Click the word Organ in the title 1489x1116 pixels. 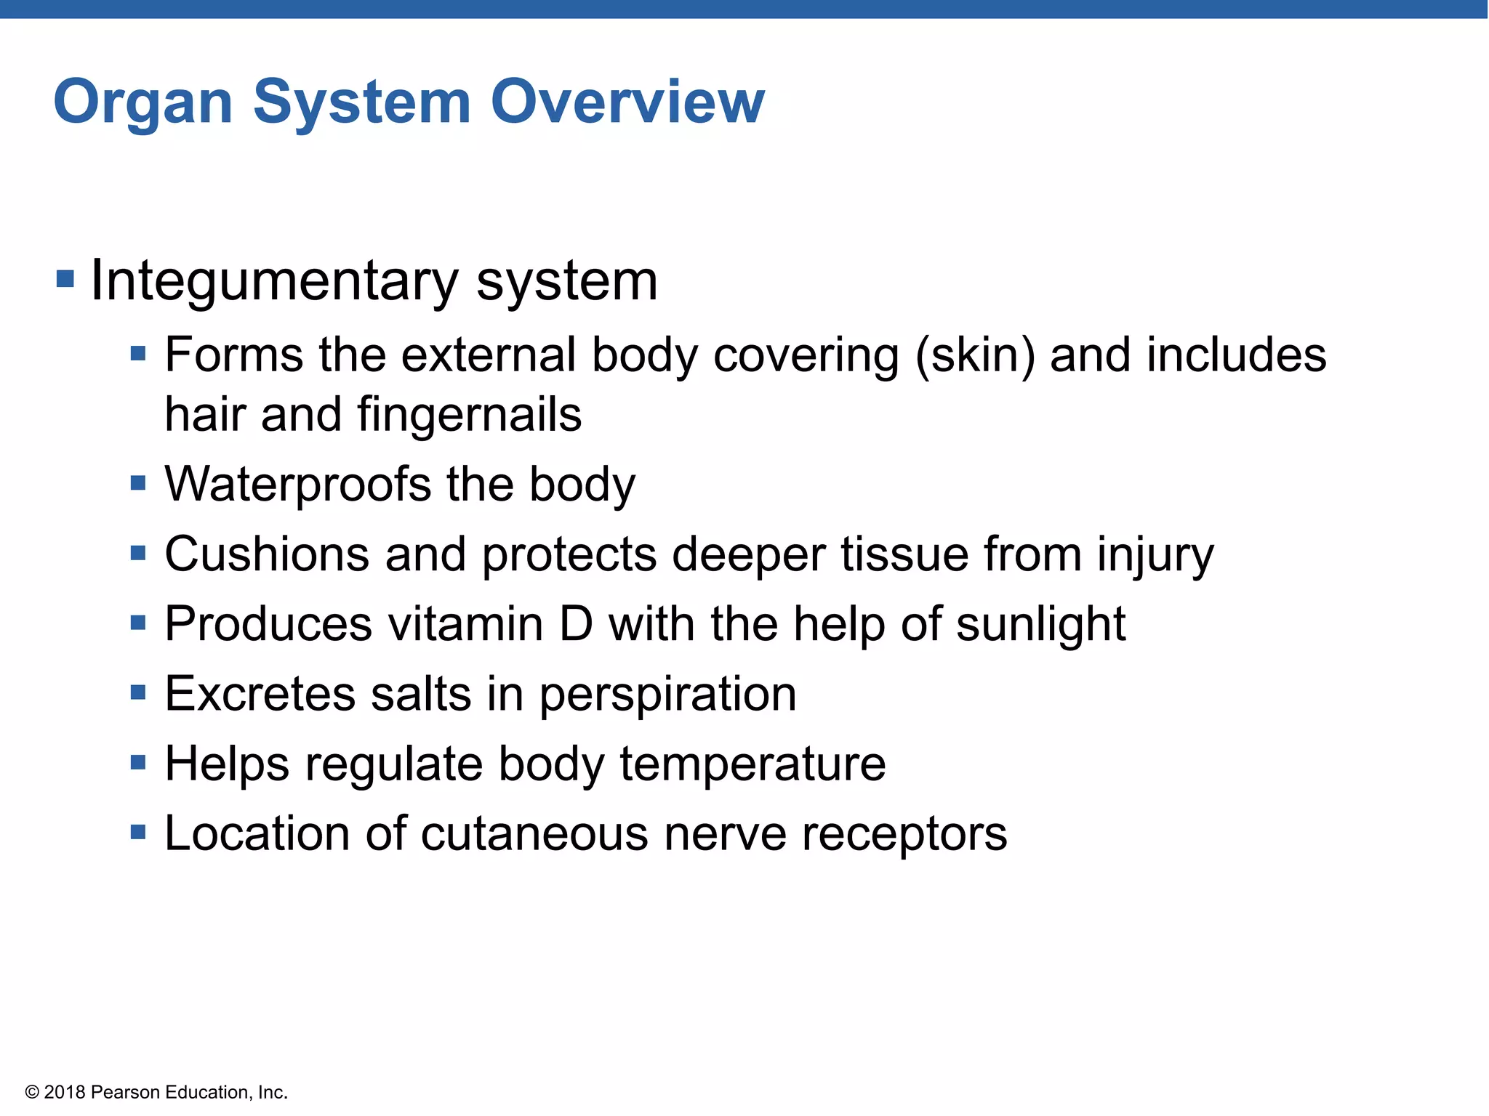tap(143, 102)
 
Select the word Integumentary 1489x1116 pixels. tap(274, 281)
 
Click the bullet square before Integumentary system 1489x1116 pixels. tap(65, 278)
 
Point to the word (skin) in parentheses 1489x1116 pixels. tap(974, 356)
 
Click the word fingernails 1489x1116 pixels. tap(469, 416)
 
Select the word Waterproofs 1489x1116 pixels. tap(298, 485)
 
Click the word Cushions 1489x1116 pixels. tap(267, 554)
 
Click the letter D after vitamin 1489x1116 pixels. tap(576, 624)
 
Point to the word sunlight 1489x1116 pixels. tap(1040, 626)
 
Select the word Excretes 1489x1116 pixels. tap(260, 694)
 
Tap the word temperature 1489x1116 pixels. tap(752, 765)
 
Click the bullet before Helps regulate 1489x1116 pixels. tap(138, 763)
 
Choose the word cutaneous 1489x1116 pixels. tap(534, 834)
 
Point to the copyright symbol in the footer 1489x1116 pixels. tap(32, 1093)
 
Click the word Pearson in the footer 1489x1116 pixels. tap(127, 1093)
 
